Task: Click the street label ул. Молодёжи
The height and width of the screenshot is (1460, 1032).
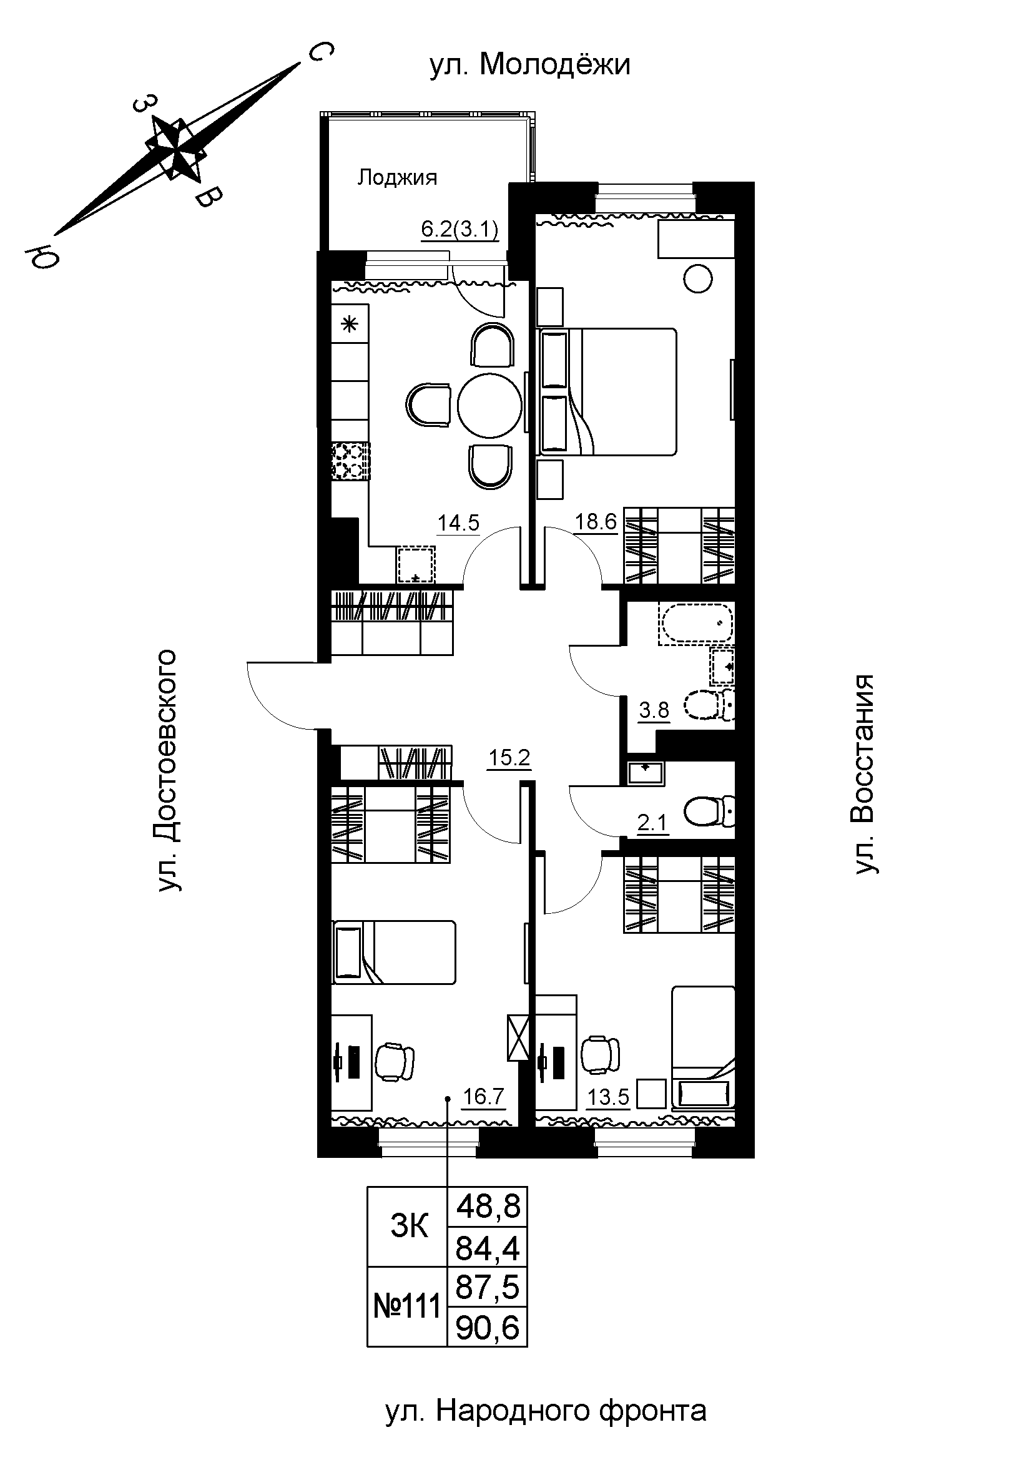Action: [529, 65]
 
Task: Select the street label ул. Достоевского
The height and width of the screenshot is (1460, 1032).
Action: [167, 770]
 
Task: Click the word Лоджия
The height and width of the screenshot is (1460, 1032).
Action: [397, 177]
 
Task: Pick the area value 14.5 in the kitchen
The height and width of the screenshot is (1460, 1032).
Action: [458, 522]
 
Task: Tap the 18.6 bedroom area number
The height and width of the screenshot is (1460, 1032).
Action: [596, 521]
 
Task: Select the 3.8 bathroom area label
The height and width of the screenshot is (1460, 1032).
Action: [654, 709]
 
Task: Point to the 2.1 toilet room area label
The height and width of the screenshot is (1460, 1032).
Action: [653, 823]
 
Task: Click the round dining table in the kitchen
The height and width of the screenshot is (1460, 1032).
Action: [490, 405]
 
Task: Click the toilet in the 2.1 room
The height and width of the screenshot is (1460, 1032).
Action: [710, 812]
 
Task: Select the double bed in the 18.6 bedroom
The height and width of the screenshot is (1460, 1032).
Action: [607, 392]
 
